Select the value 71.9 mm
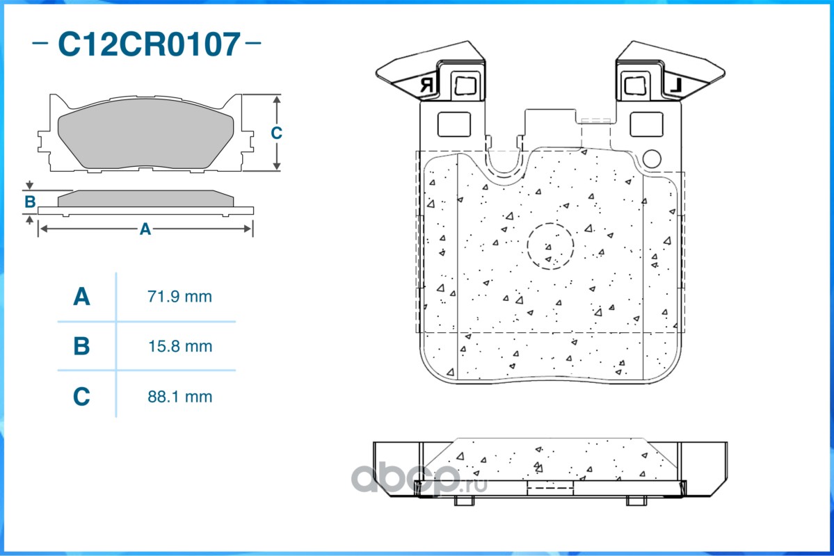(x=179, y=297)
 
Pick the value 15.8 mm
(x=179, y=346)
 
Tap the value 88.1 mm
(x=179, y=397)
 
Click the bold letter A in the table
(x=81, y=297)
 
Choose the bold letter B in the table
(x=81, y=346)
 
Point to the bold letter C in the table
(x=81, y=397)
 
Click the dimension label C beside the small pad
(x=276, y=133)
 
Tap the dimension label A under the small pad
(x=145, y=229)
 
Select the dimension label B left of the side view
(x=30, y=202)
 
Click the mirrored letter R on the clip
(x=426, y=86)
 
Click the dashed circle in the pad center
(x=550, y=246)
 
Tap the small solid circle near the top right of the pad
(x=651, y=159)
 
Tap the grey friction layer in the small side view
(x=145, y=199)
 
